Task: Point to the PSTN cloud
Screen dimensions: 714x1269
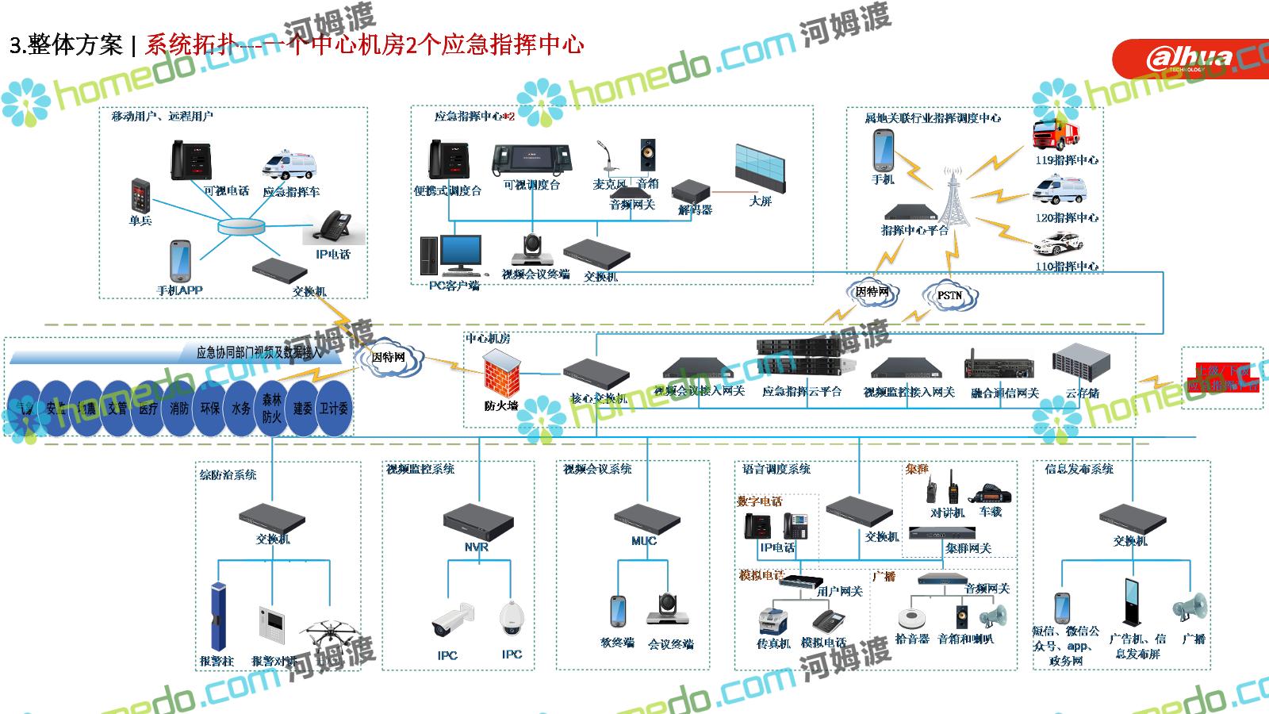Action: coord(949,295)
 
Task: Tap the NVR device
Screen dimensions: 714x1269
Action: coord(477,520)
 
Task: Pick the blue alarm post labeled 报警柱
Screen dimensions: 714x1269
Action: coord(217,616)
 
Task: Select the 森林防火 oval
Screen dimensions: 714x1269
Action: coord(272,409)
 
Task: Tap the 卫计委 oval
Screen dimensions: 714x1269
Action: coord(334,409)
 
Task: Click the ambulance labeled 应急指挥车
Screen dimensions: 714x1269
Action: coord(289,167)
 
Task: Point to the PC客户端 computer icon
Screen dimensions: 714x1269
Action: coord(450,255)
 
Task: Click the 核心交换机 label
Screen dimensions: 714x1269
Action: coord(598,398)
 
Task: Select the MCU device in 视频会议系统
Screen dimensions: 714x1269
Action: coord(647,520)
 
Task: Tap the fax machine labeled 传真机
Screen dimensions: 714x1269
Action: coord(773,621)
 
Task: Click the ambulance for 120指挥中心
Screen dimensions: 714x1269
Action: coord(1058,191)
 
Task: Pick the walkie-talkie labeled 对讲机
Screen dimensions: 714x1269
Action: coord(933,488)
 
